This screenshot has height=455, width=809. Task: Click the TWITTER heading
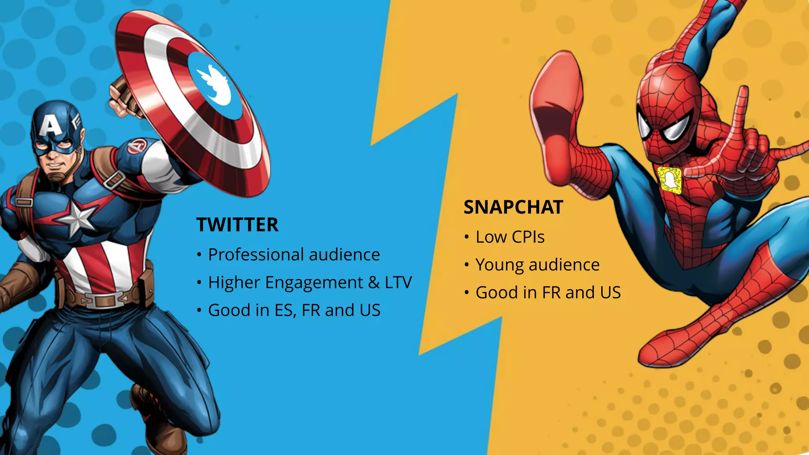tap(237, 225)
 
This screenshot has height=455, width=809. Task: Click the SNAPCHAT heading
tap(513, 207)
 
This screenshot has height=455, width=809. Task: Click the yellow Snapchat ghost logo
tap(670, 180)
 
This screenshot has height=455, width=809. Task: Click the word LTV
tap(398, 282)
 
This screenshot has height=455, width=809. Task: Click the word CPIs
tap(528, 237)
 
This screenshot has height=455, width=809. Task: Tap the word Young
tap(499, 265)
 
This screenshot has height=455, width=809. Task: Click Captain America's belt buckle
tap(104, 301)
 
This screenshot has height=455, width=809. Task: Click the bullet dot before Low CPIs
tap(467, 237)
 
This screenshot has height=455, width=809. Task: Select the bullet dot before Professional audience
tap(199, 255)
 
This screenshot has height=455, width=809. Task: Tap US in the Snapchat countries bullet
tap(610, 293)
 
